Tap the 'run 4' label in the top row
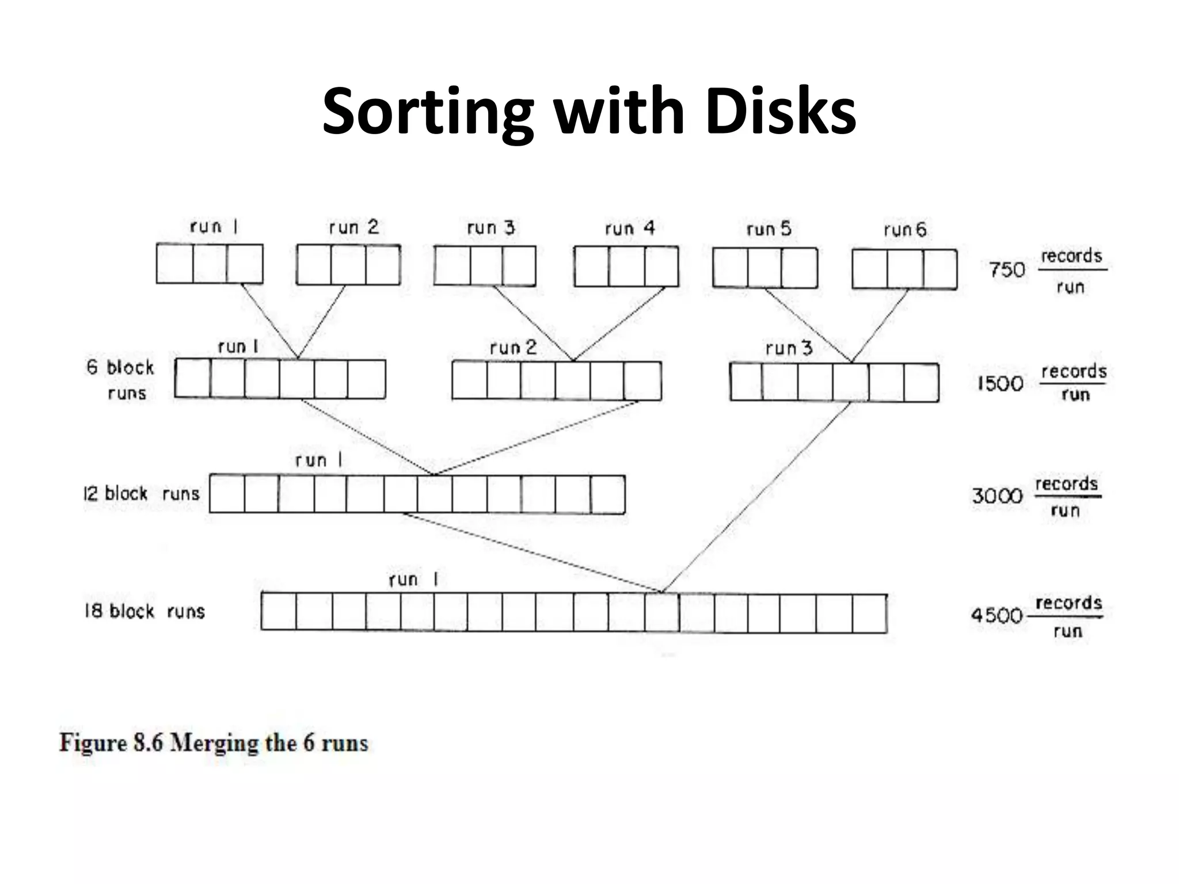tap(630, 228)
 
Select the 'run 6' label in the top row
tap(905, 230)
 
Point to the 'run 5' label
tap(769, 229)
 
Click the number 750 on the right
tap(1007, 270)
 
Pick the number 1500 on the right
tap(1001, 383)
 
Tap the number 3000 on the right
tap(997, 496)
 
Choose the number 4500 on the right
tap(997, 615)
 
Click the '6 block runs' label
tap(120, 380)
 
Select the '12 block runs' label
tap(142, 494)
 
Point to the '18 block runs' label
tap(144, 611)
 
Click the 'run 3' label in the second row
tap(789, 348)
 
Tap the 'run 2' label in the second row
tap(513, 347)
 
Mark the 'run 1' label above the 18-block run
tap(413, 580)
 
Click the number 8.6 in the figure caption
tap(148, 742)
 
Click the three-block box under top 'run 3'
tap(485, 266)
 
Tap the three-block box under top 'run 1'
tap(210, 264)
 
